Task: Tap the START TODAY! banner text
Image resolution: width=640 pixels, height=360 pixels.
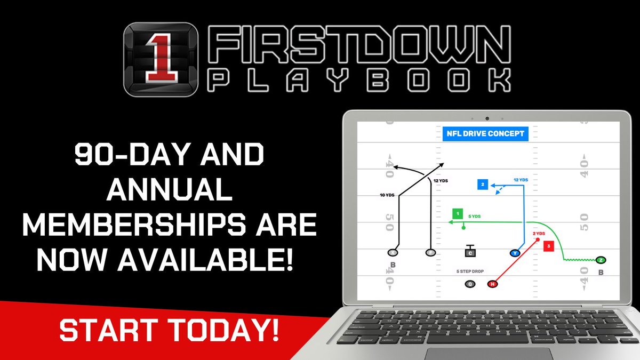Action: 169,330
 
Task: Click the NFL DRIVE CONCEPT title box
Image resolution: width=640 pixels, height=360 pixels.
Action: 485,133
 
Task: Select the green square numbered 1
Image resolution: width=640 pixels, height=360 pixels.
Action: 457,214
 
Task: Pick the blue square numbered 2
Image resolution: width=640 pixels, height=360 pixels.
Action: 482,185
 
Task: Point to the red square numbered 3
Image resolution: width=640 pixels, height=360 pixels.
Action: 549,246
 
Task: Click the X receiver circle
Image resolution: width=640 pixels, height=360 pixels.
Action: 394,252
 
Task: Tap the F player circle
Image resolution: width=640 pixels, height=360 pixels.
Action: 430,252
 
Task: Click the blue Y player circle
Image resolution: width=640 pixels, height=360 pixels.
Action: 515,253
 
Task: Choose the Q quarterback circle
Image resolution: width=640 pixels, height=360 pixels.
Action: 470,284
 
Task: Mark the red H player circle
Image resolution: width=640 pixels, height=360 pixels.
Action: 492,284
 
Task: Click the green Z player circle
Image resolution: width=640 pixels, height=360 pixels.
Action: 601,260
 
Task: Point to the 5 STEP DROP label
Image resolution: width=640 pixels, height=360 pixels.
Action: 470,271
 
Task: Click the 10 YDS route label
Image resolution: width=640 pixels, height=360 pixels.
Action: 386,196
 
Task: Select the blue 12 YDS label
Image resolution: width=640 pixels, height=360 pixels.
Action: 521,180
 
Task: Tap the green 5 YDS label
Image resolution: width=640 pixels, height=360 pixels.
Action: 475,216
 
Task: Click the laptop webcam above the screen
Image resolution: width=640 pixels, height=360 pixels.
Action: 486,117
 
